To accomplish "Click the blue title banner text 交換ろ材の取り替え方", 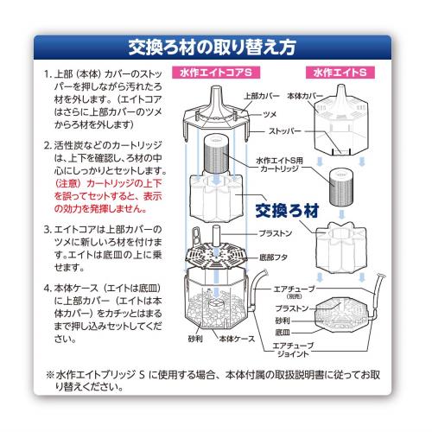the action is coord(212,48).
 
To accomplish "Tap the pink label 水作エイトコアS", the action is coord(216,73).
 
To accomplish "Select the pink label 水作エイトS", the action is coord(340,73).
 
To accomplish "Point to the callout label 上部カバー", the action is coord(262,96).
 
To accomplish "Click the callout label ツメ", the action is coord(270,114).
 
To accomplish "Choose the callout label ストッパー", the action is coord(284,131).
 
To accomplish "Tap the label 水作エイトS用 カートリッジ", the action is coord(279,164).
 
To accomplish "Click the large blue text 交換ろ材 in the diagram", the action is coord(287,211).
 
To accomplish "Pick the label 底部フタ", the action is coord(273,257).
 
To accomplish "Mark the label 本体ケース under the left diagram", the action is coord(237,339).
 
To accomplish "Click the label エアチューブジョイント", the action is coord(293,349).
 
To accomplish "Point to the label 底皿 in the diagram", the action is coord(283,333).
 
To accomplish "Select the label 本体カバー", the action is coord(305,96).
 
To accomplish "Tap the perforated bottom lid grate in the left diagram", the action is coord(216,255).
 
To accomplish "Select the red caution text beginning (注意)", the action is coord(108,196).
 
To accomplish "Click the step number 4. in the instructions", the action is coord(48,289).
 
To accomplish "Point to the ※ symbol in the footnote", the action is coord(50,375).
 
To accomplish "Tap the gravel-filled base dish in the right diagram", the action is coord(342,315).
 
